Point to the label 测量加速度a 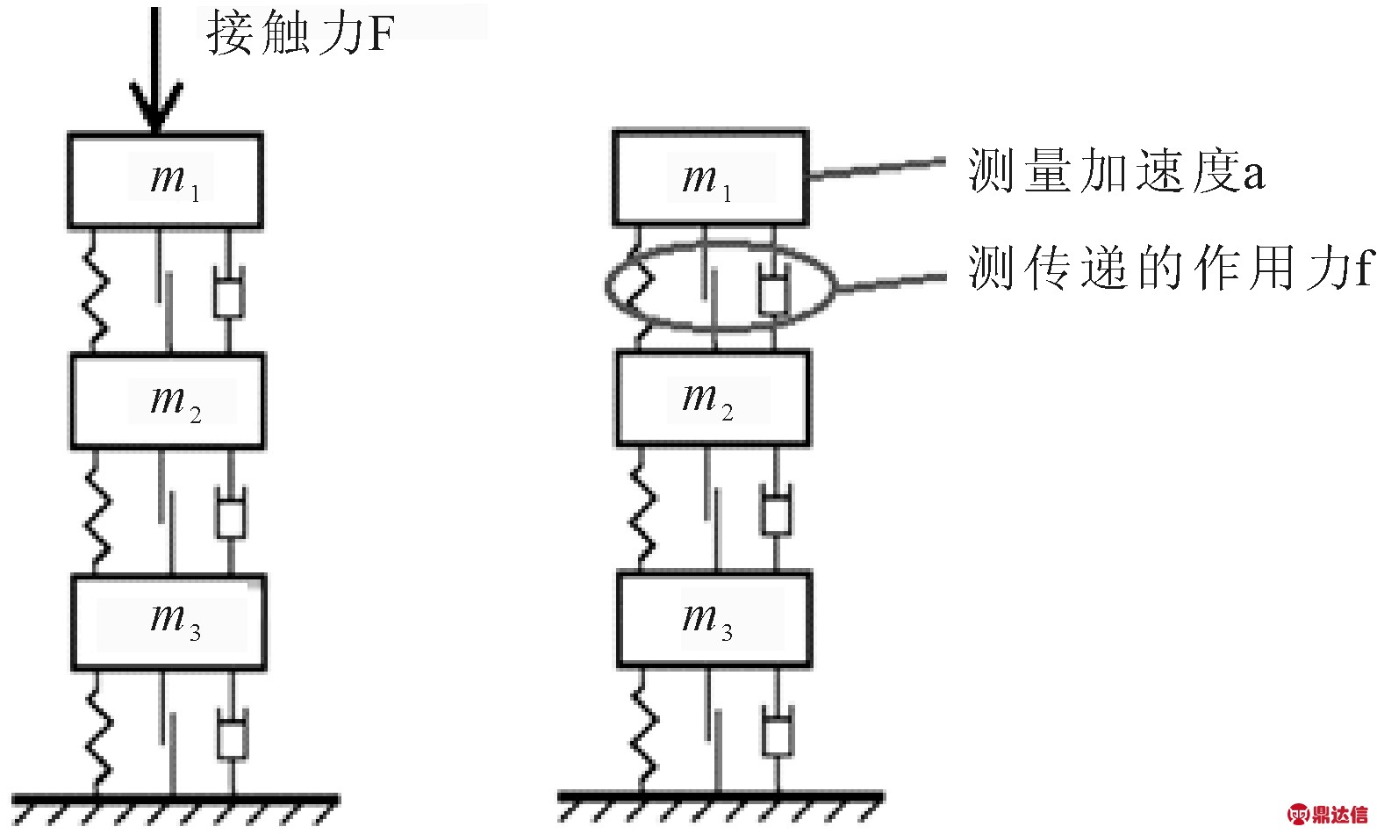(1116, 170)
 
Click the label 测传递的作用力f (1169, 267)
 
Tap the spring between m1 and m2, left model (96, 291)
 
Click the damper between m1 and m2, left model (229, 291)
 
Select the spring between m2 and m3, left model (97, 512)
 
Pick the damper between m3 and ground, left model (233, 733)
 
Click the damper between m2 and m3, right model (776, 508)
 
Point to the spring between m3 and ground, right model (643, 730)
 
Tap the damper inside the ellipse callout (773, 289)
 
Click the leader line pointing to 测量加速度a (878, 168)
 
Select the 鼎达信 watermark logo (1328, 815)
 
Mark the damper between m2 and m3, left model (231, 512)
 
